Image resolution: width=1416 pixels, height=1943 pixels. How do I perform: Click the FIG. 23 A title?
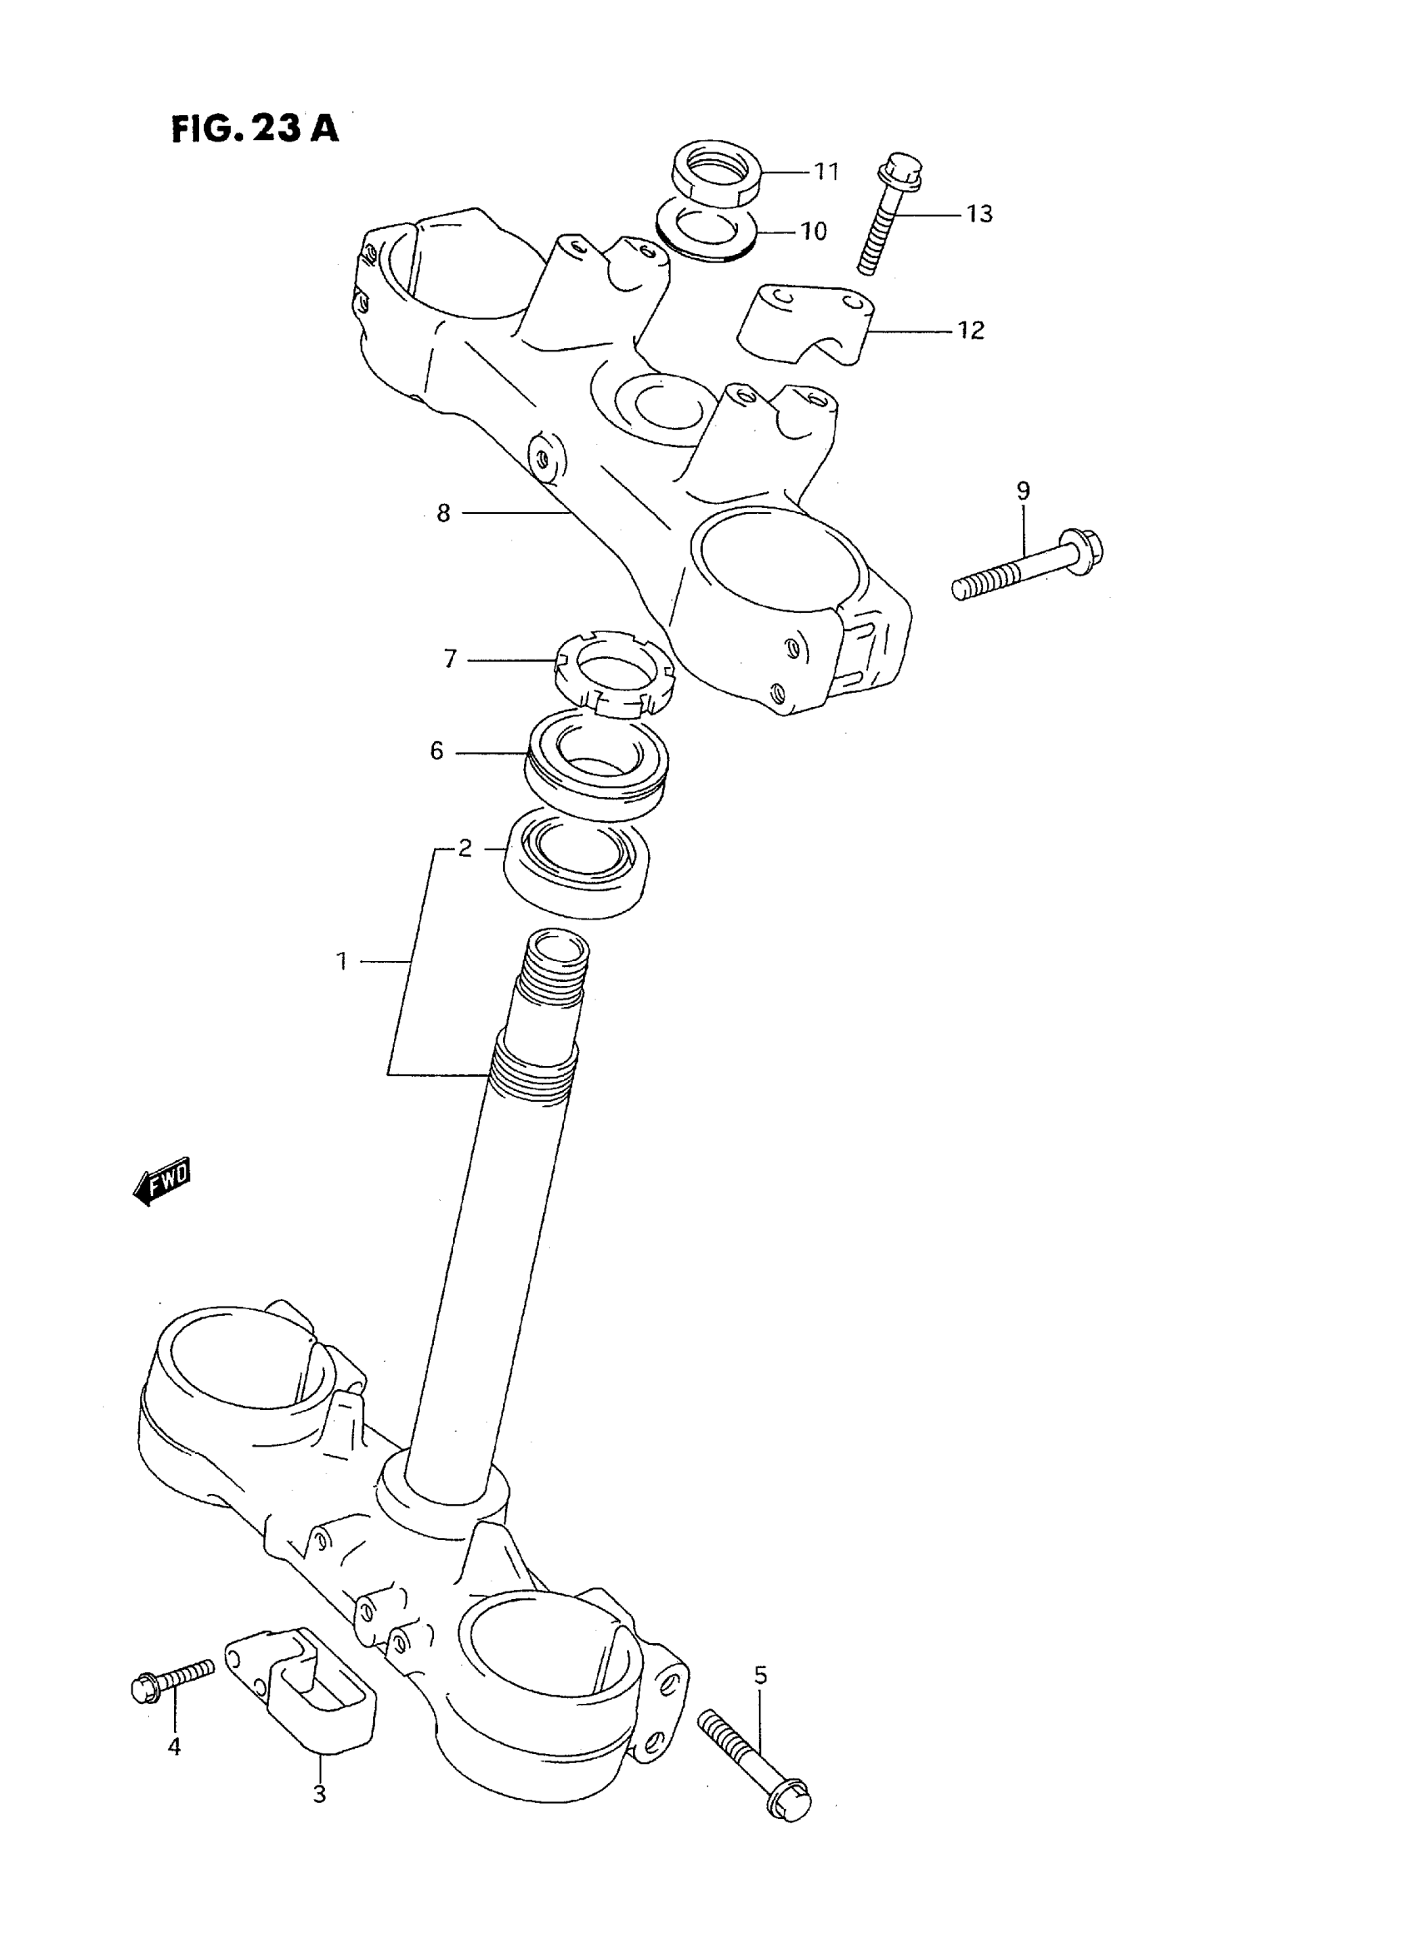tap(255, 128)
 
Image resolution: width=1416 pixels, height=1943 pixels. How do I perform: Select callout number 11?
tap(826, 172)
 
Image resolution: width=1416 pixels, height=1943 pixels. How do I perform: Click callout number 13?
tap(979, 213)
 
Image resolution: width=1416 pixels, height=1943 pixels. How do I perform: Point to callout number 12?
tap(970, 330)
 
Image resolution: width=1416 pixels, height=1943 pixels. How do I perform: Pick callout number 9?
tap(1023, 491)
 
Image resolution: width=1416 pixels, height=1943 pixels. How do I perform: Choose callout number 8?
tap(443, 513)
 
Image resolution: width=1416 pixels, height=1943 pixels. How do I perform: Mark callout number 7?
tap(450, 659)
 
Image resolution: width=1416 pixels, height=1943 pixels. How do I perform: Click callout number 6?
tap(436, 752)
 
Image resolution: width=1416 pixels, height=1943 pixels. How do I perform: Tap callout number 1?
tap(342, 962)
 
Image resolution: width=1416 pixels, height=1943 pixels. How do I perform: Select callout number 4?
tap(174, 1746)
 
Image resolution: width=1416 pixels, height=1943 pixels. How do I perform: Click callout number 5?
tap(760, 1676)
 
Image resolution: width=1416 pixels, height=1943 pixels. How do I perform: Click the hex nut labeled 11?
tap(713, 173)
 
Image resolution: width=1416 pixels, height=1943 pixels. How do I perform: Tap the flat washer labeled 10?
tap(706, 231)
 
